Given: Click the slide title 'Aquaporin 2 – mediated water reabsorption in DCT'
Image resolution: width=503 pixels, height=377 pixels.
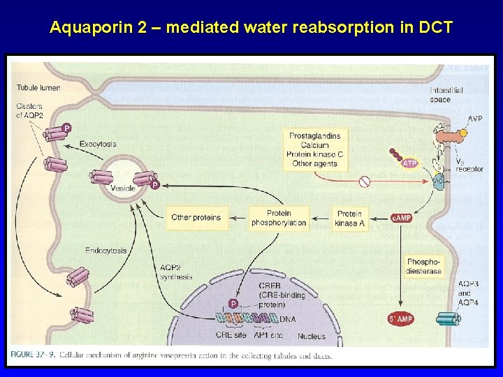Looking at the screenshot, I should coord(251,28).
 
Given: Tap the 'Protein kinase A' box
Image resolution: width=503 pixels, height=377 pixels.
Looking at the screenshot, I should coord(349,218).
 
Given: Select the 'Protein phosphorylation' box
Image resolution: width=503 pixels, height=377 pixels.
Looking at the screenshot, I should coord(279,218).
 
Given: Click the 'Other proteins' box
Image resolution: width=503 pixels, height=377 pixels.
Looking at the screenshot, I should coord(196,218).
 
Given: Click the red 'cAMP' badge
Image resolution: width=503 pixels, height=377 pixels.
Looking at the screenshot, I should coord(401,218).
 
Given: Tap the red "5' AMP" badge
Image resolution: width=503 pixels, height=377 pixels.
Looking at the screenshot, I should coord(401,319).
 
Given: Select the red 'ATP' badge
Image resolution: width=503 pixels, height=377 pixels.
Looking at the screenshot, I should coord(410,163).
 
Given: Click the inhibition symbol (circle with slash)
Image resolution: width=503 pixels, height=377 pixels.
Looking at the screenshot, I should coord(364,182).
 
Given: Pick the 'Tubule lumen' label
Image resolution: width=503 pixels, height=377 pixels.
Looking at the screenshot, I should coord(38,88).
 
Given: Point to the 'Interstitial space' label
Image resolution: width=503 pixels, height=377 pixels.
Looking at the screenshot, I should coord(445,95).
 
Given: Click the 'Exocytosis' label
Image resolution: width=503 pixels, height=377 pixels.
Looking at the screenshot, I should coord(98,144).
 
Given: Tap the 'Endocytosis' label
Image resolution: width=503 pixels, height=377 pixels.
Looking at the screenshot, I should coord(106,250).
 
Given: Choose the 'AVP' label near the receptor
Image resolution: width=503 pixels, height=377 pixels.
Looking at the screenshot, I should coord(475,119).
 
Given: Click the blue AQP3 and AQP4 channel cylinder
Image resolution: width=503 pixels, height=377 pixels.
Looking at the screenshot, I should coord(447,319).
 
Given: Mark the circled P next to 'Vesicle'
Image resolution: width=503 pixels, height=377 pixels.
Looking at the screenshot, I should coord(155,185).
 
